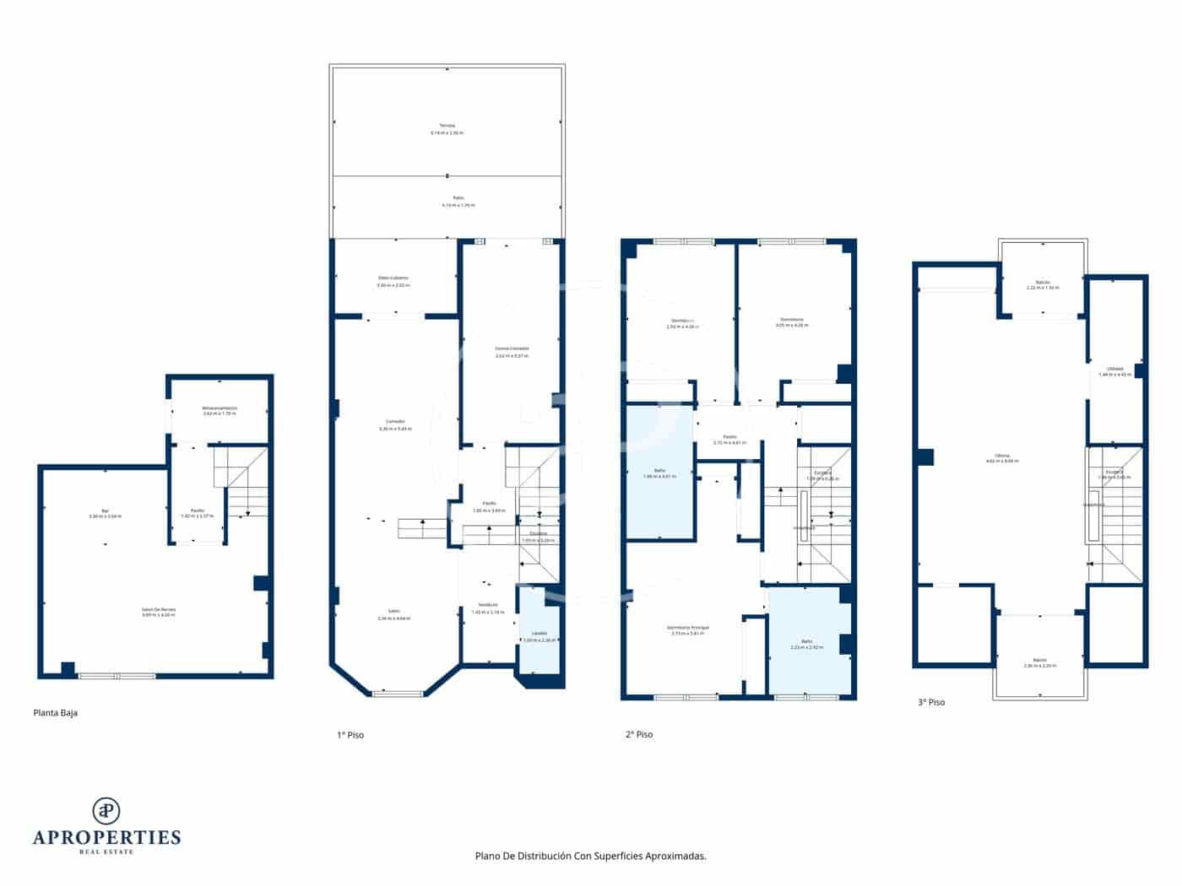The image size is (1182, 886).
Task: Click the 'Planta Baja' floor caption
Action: [x=55, y=713]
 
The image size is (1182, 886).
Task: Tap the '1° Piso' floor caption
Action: [x=350, y=735]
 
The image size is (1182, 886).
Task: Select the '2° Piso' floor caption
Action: [x=638, y=734]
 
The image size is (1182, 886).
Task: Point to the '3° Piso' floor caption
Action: [x=930, y=702]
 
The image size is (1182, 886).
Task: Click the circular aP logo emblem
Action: [x=106, y=810]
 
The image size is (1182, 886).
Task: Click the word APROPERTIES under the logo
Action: [x=106, y=838]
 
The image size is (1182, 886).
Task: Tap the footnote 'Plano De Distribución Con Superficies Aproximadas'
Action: [x=590, y=856]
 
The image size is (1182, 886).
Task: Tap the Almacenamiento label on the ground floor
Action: [x=220, y=410]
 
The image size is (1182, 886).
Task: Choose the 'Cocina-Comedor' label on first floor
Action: [x=512, y=352]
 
